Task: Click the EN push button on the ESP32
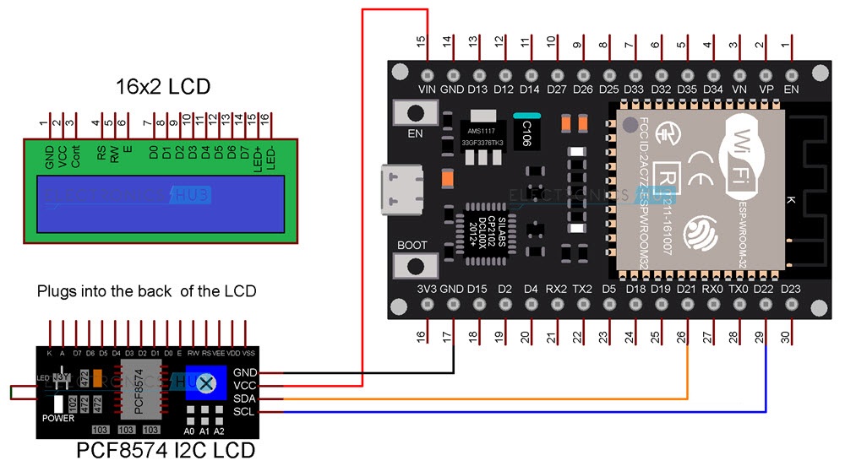(415, 112)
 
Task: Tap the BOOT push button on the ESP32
(415, 265)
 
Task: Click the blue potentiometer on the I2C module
(205, 386)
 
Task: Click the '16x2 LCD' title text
(162, 87)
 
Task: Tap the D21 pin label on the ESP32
(687, 289)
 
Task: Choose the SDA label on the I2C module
(245, 398)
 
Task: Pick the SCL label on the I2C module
(245, 411)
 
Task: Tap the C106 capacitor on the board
(526, 127)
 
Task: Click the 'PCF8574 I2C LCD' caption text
(165, 450)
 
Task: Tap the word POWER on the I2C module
(58, 418)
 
